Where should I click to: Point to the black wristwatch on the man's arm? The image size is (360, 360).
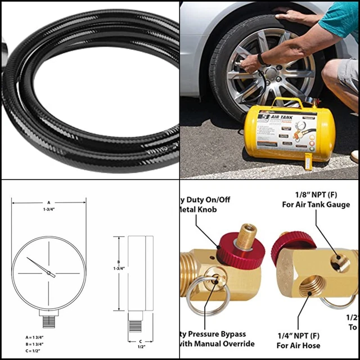click(261, 58)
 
